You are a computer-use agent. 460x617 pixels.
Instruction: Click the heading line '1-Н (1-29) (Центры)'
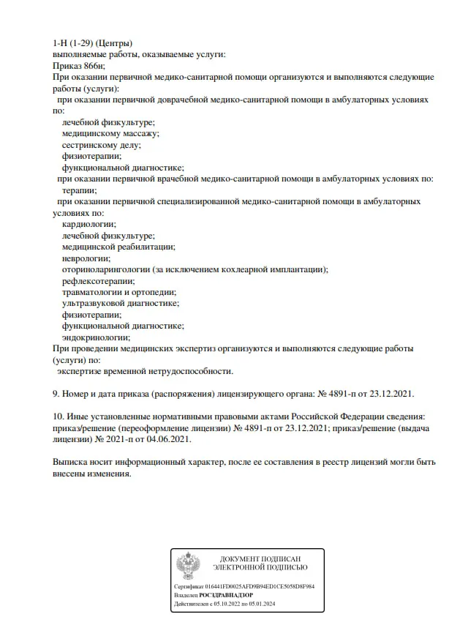(x=93, y=44)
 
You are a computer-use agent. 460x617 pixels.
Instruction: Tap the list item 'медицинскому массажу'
(x=110, y=133)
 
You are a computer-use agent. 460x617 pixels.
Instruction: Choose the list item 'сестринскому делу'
(x=102, y=144)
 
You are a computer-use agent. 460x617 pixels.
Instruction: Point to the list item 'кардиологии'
(x=88, y=224)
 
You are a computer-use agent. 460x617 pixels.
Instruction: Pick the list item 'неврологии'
(x=86, y=258)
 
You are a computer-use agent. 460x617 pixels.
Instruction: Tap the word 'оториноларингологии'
(x=106, y=269)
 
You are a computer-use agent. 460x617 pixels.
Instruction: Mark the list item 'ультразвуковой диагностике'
(x=121, y=303)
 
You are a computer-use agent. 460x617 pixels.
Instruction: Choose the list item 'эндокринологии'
(x=96, y=337)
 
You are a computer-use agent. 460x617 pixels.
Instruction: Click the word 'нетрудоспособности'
(x=190, y=371)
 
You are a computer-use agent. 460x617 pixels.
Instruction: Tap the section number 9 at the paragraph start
(x=56, y=394)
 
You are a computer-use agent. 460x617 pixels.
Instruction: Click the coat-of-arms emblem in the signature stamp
(x=189, y=567)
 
